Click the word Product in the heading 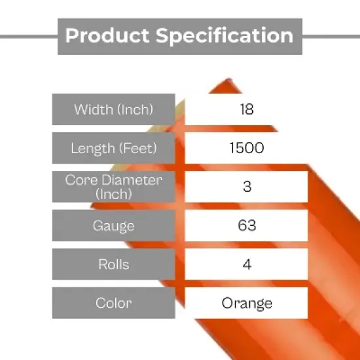click(x=108, y=35)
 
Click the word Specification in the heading click(x=224, y=35)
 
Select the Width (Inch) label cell click(x=114, y=109)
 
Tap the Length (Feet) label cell click(x=114, y=148)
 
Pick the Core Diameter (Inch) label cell click(x=114, y=187)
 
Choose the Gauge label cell click(x=114, y=226)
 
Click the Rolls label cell click(x=114, y=264)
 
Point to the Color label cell click(x=114, y=303)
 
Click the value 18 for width click(x=247, y=109)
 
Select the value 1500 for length click(x=247, y=148)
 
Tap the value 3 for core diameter click(x=247, y=187)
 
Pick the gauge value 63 click(x=247, y=226)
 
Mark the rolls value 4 click(x=247, y=264)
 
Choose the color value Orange click(x=247, y=303)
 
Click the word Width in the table click(x=93, y=109)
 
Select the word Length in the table click(x=92, y=148)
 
